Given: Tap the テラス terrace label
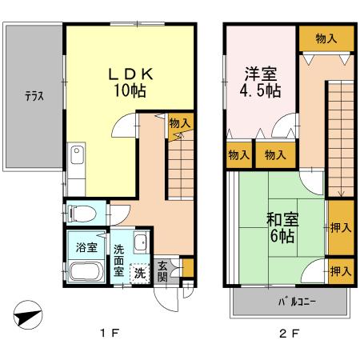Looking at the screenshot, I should [33, 96].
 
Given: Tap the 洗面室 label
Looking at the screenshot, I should [118, 260].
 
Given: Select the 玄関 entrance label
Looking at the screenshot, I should [163, 271].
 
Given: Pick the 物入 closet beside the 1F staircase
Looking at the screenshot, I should [179, 123].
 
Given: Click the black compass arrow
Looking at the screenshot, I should [27, 315].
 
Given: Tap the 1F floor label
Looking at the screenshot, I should [110, 334].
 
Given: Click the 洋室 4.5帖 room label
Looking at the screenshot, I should [261, 81].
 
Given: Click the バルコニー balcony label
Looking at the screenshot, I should [296, 302].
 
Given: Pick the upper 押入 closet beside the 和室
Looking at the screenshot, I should [340, 227].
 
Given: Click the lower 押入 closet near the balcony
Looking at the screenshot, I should [340, 271].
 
